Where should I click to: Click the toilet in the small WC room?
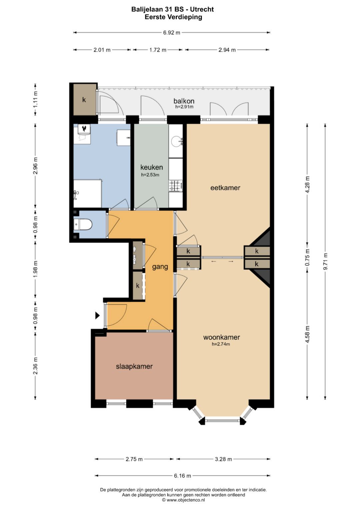[x=83, y=225]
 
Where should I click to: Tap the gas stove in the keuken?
[x=175, y=185]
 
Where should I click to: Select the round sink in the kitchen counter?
[x=176, y=141]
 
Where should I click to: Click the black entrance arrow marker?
[x=97, y=315]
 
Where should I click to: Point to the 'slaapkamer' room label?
[x=134, y=366]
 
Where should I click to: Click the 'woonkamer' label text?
[x=221, y=337]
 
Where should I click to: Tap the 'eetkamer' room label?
[x=225, y=188]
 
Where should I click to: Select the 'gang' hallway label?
[x=160, y=267]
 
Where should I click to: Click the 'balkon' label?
[x=184, y=101]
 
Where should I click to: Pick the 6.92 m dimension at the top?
[x=172, y=32]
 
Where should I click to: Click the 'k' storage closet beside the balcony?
[x=84, y=100]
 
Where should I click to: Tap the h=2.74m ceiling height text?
[x=221, y=344]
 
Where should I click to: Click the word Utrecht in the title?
[x=202, y=9]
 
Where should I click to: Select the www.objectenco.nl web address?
[x=186, y=500]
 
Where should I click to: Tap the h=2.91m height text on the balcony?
[x=184, y=107]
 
